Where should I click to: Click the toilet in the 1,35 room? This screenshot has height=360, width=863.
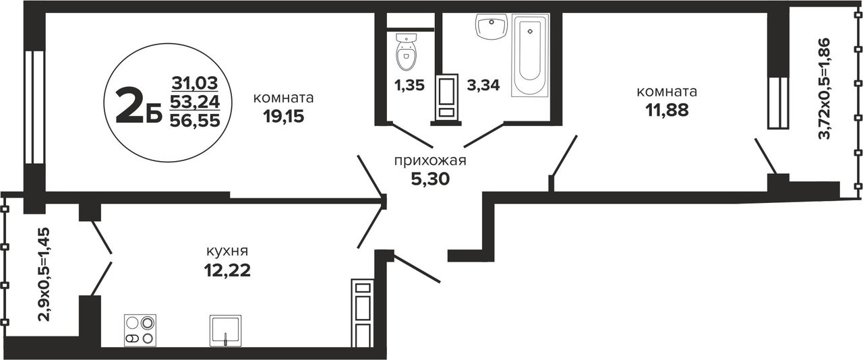click(x=406, y=57)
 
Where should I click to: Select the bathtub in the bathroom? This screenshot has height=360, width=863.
click(x=530, y=55)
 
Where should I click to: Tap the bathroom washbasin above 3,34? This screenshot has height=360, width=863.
click(x=492, y=26)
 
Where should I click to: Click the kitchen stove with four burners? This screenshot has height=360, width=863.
click(x=140, y=330)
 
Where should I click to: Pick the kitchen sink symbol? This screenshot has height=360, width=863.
click(x=225, y=331)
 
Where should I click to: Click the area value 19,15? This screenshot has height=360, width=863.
click(x=284, y=116)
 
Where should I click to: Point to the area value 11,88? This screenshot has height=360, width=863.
click(x=667, y=111)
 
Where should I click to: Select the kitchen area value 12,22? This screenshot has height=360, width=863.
click(x=227, y=270)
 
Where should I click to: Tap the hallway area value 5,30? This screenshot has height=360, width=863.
click(x=430, y=179)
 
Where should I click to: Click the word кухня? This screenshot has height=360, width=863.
click(x=227, y=251)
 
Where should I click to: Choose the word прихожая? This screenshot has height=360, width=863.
click(x=430, y=160)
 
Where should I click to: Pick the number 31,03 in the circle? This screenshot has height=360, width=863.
click(x=195, y=83)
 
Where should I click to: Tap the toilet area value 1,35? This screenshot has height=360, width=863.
click(x=409, y=85)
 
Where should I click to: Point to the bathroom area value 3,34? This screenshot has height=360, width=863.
click(x=483, y=85)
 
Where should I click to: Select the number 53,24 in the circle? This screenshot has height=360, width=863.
click(x=195, y=102)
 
